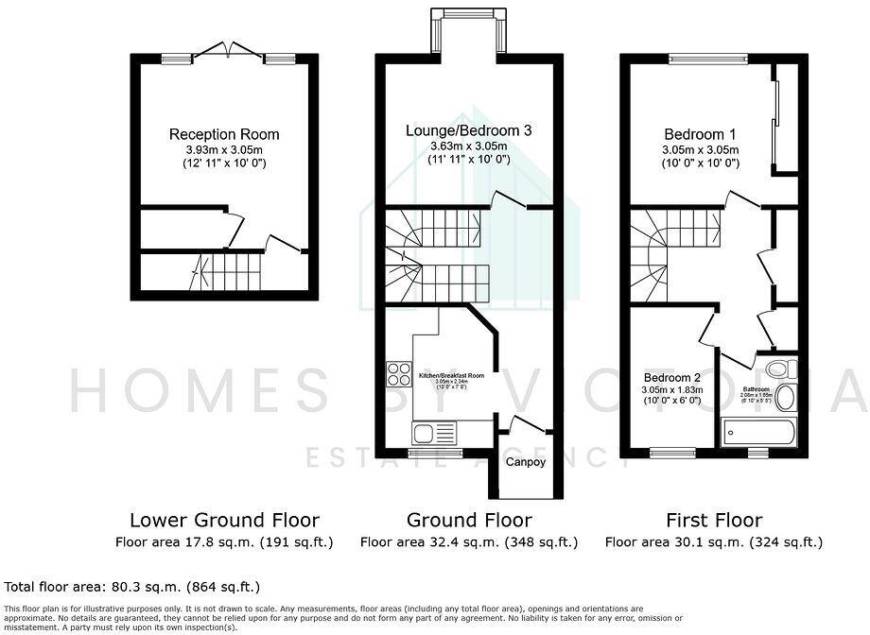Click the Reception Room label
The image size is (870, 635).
pyautogui.click(x=224, y=135)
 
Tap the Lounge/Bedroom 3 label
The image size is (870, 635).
pyautogui.click(x=469, y=130)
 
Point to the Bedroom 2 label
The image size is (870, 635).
pyautogui.click(x=671, y=376)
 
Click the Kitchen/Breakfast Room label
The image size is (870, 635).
pyautogui.click(x=451, y=376)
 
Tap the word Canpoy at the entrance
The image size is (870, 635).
pyautogui.click(x=525, y=462)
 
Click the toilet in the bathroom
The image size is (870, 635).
pyautogui.click(x=779, y=369)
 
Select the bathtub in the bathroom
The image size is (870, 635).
pyautogui.click(x=759, y=433)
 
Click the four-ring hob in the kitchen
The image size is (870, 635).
pyautogui.click(x=398, y=373)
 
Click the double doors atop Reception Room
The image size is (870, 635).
pyautogui.click(x=224, y=52)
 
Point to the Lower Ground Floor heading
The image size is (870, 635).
pyautogui.click(x=224, y=520)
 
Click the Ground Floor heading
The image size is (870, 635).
pyautogui.click(x=469, y=520)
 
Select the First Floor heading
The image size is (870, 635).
pyautogui.click(x=713, y=520)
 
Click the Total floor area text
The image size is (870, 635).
pyautogui.click(x=132, y=587)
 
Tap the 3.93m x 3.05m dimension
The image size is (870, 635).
pyautogui.click(x=224, y=149)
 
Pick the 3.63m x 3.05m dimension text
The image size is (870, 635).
pyautogui.click(x=469, y=146)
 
